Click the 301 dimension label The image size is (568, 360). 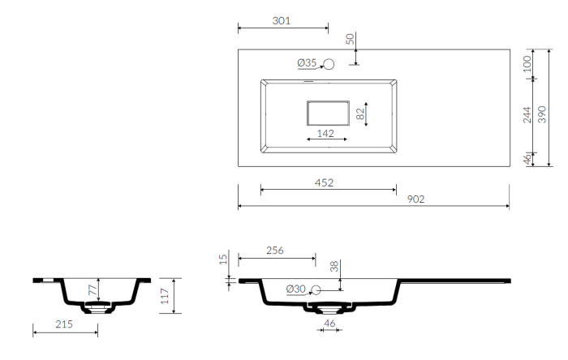(282, 21)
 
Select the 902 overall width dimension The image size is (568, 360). (415, 199)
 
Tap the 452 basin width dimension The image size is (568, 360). (324, 182)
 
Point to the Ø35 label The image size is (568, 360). (307, 63)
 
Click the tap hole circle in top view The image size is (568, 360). (329, 64)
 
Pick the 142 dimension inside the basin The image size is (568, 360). (325, 134)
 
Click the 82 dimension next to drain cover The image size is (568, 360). (360, 114)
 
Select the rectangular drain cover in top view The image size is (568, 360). (328, 114)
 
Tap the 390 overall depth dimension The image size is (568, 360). (541, 114)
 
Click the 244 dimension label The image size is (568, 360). (527, 115)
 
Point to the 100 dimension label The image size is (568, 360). (527, 64)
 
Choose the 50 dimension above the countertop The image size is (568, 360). (350, 39)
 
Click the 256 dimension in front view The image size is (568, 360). (275, 251)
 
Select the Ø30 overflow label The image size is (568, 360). (295, 289)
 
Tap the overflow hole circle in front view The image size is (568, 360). (316, 289)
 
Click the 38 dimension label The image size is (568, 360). (334, 267)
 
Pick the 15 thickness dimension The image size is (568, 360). (223, 259)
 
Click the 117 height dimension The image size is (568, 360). (165, 296)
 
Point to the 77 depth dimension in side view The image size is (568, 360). (93, 289)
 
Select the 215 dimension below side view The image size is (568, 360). (64, 324)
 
